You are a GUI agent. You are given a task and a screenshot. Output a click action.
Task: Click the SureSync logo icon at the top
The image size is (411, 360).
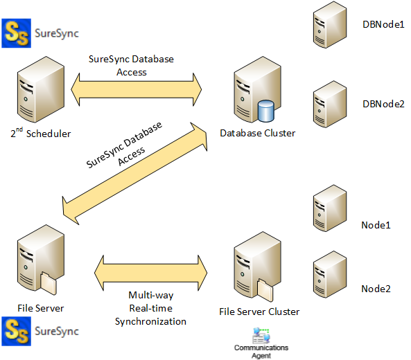tap(16, 33)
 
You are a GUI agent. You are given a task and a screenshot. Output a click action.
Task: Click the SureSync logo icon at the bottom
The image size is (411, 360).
tap(16, 331)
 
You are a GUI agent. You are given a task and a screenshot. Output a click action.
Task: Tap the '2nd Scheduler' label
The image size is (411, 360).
tap(40, 133)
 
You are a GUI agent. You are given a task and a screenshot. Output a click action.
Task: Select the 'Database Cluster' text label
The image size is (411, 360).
tap(257, 133)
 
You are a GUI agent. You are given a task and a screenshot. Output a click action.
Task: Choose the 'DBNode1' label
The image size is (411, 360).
tap(383, 24)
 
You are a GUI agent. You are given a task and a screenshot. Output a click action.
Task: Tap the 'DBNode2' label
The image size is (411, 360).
tap(383, 104)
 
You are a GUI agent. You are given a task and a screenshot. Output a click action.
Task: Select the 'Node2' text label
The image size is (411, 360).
tap(376, 288)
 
